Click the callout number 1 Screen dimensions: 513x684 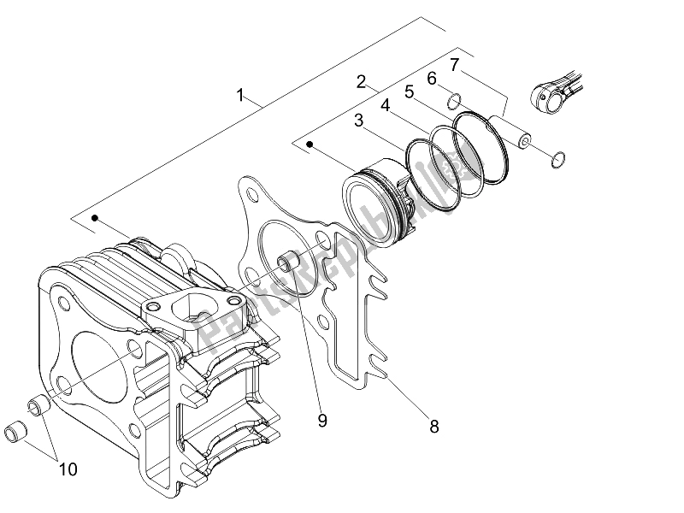tap(241, 96)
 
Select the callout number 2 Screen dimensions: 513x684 tap(362, 82)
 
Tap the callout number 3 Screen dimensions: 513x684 tap(361, 121)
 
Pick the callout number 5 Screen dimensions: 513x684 tap(410, 90)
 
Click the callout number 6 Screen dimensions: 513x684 tap(432, 78)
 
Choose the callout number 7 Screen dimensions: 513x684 tap(455, 64)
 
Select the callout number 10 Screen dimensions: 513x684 tap(68, 468)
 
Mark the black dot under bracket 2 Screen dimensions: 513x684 tap(310, 145)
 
